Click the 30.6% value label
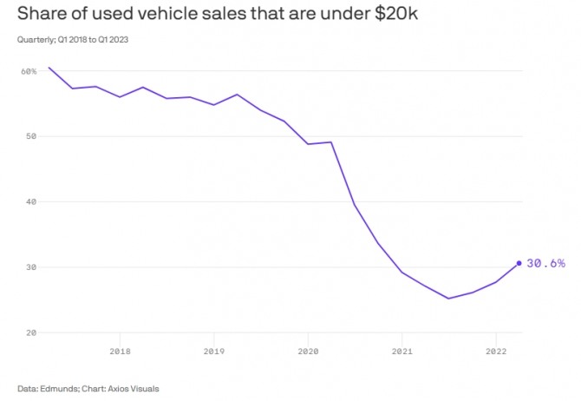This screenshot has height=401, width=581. pos(546,263)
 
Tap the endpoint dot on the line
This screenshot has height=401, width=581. pos(519,263)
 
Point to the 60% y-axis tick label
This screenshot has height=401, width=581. pos(29,71)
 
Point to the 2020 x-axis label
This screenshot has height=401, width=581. pos(308,352)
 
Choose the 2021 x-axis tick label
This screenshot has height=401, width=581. pos(401,352)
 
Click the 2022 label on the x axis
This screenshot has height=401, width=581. pos(495,352)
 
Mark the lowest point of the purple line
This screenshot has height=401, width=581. pos(448,299)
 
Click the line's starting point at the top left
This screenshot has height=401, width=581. pos(49,67)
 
